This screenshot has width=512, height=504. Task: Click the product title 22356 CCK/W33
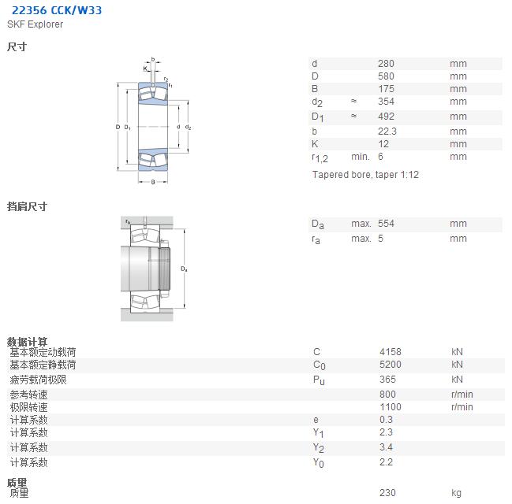[x=57, y=10]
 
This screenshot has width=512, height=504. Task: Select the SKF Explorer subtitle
[x=35, y=24]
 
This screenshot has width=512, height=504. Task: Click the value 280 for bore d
[x=386, y=64]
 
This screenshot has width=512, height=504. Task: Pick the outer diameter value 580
[x=386, y=76]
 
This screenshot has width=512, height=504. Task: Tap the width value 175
[x=386, y=89]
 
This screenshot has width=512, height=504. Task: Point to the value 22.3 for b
[x=387, y=132]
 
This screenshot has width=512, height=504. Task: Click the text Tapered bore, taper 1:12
[x=365, y=175]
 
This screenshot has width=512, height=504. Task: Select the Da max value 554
[x=386, y=224]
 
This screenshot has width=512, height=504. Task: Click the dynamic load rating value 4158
[x=391, y=352]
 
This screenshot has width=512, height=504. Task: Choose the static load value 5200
[x=391, y=365]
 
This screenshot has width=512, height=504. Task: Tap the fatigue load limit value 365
[x=387, y=380]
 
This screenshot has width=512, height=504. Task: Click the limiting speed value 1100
[x=391, y=407]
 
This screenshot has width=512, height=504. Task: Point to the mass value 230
[x=387, y=493]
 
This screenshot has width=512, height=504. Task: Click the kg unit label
[x=457, y=493]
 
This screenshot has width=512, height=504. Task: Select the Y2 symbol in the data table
[x=319, y=448]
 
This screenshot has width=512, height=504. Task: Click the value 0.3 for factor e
[x=386, y=420]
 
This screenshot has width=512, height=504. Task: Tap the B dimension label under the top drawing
[x=153, y=182]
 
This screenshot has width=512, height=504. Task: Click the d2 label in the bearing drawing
[x=188, y=127]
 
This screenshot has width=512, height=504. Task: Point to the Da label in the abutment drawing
[x=184, y=269]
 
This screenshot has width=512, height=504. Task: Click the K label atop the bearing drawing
[x=145, y=69]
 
